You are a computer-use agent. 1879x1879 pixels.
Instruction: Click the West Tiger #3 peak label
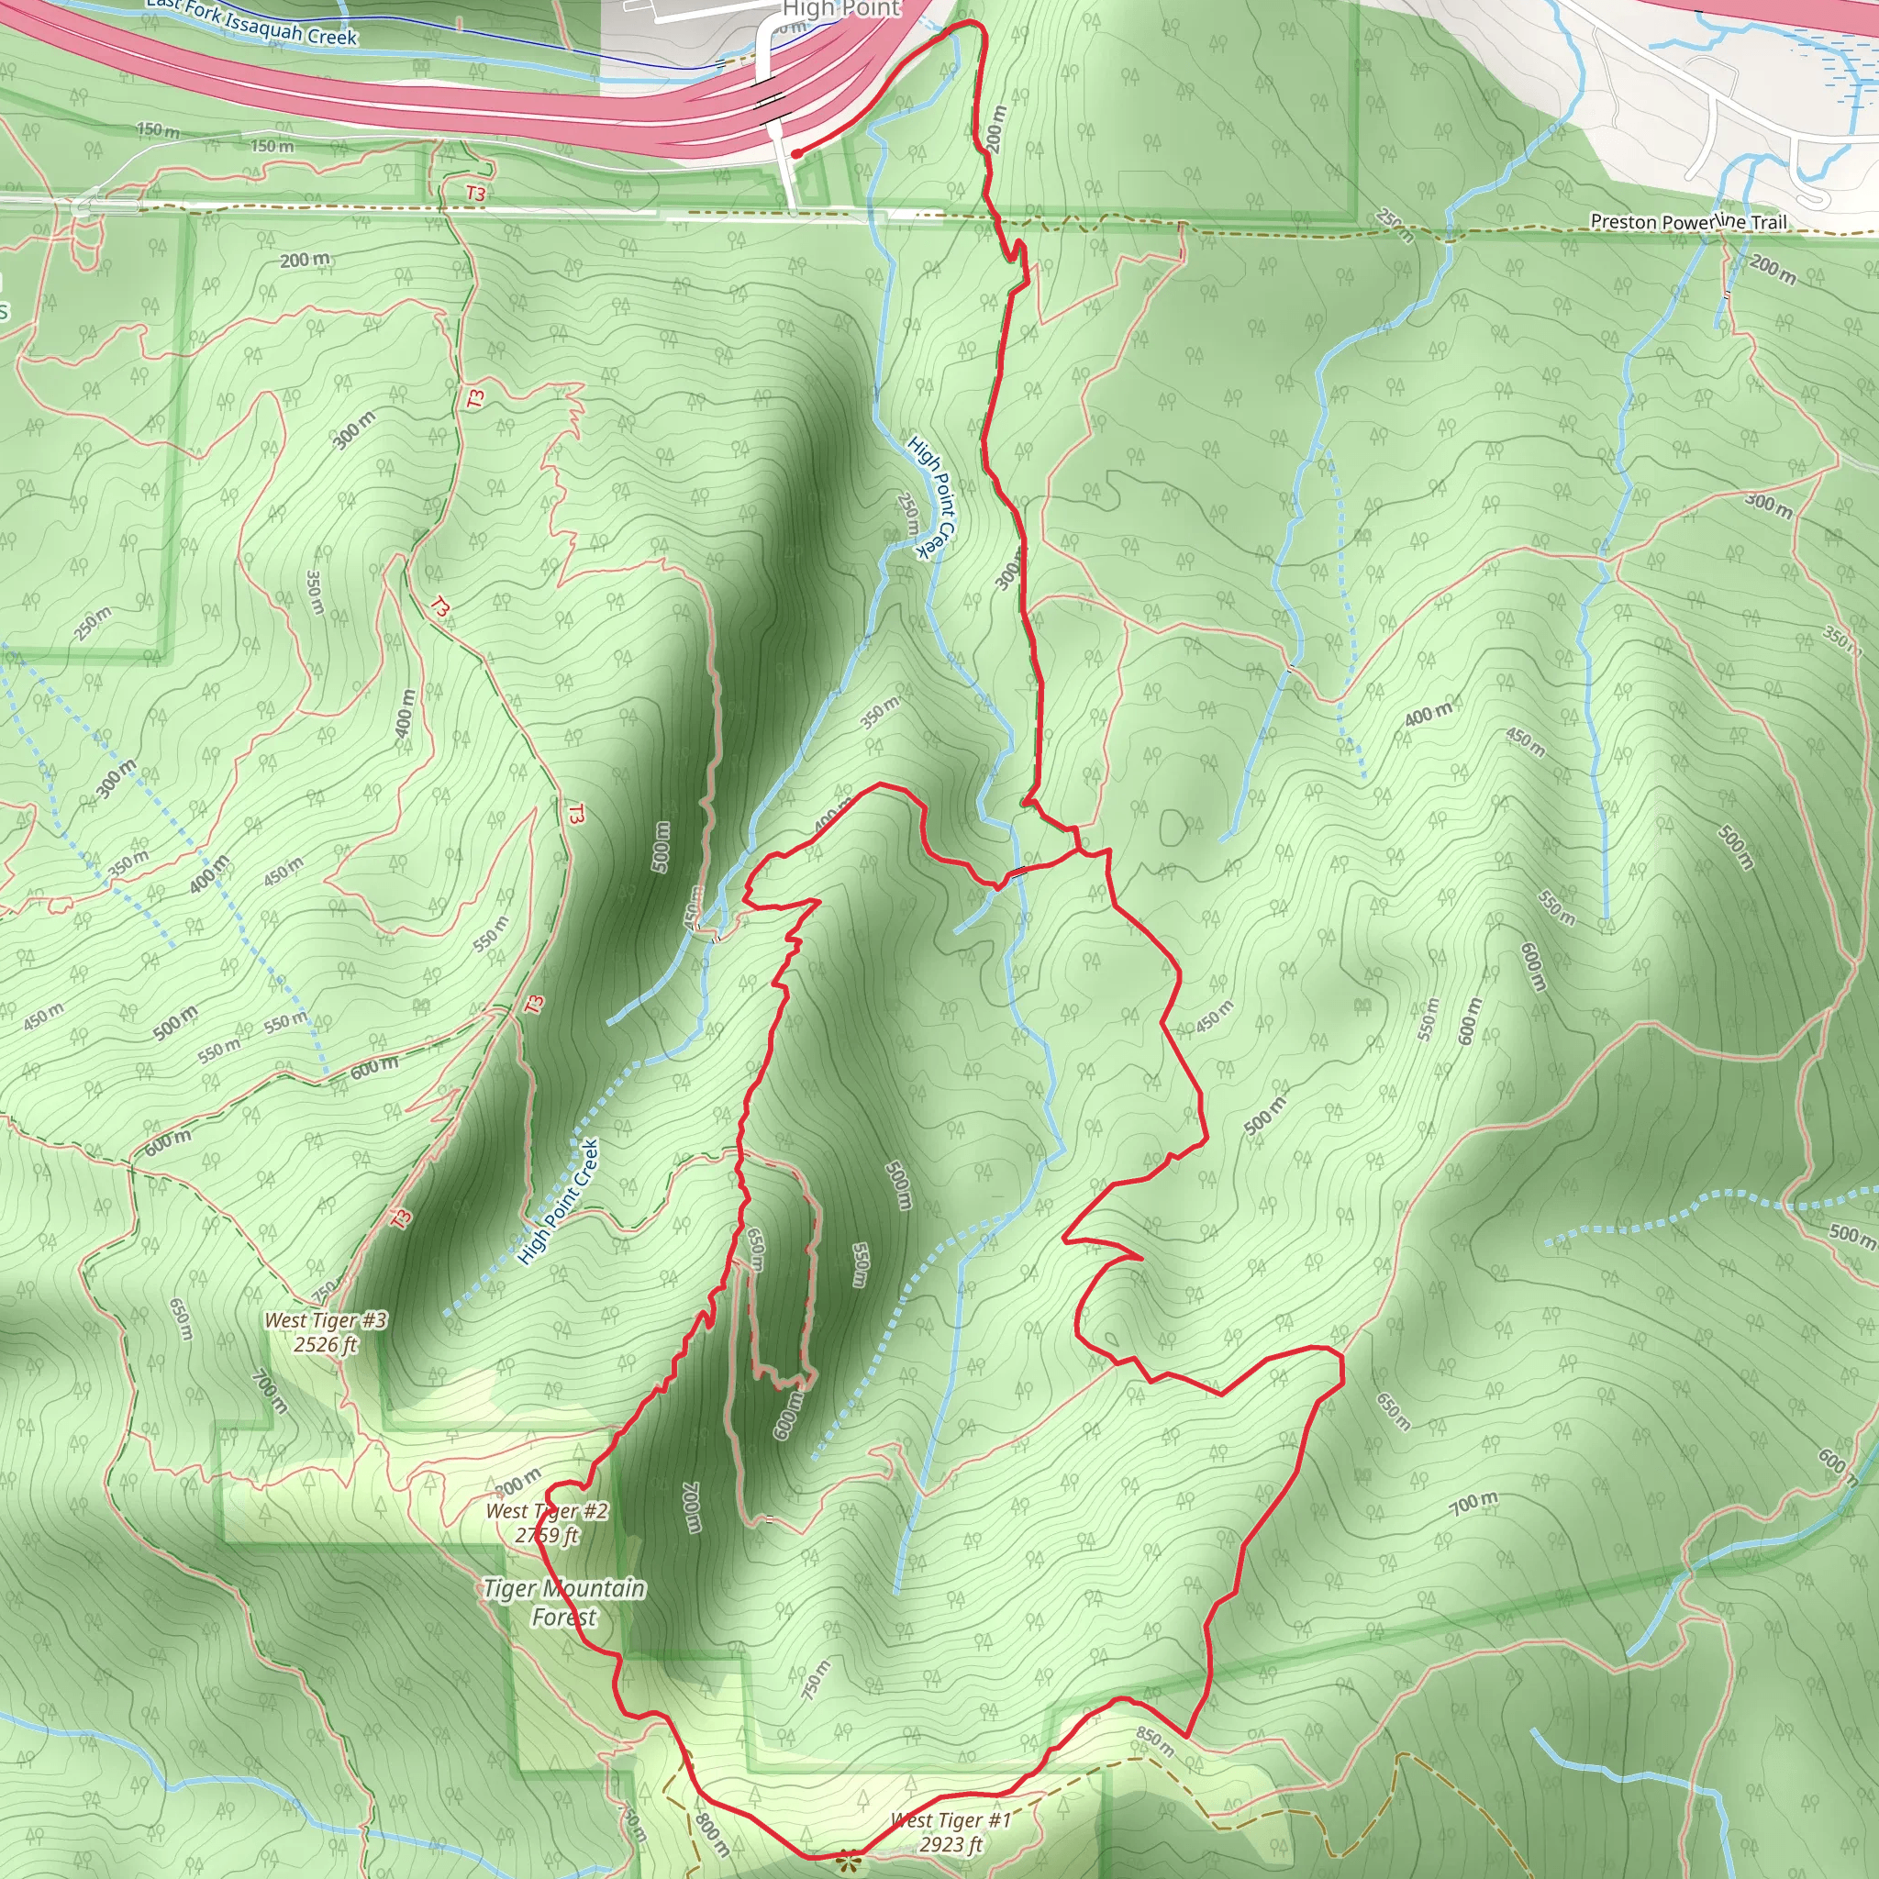tap(326, 1319)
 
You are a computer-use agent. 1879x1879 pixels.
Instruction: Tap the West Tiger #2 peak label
tap(548, 1510)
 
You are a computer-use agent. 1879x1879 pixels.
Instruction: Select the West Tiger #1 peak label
tap(951, 1819)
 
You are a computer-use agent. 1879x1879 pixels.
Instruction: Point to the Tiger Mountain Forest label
tap(564, 1603)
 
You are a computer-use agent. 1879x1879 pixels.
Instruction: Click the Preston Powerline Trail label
tap(1688, 222)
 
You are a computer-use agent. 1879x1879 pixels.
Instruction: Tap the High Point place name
tap(841, 10)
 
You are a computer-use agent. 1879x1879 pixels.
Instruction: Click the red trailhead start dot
tap(795, 153)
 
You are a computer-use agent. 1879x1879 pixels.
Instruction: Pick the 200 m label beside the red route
tap(995, 128)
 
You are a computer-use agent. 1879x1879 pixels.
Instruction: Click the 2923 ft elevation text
tap(951, 1845)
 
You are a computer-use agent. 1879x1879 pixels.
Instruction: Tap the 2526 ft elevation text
tap(326, 1345)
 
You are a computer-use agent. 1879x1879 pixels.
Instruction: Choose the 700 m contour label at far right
tap(1474, 1504)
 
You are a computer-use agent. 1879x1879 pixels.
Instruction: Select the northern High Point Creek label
tap(932, 496)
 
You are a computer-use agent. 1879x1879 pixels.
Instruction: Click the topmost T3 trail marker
tap(474, 194)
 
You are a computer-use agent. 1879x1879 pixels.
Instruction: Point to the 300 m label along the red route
tap(1009, 573)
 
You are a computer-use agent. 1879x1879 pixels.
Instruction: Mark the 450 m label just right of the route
tap(1215, 1016)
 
